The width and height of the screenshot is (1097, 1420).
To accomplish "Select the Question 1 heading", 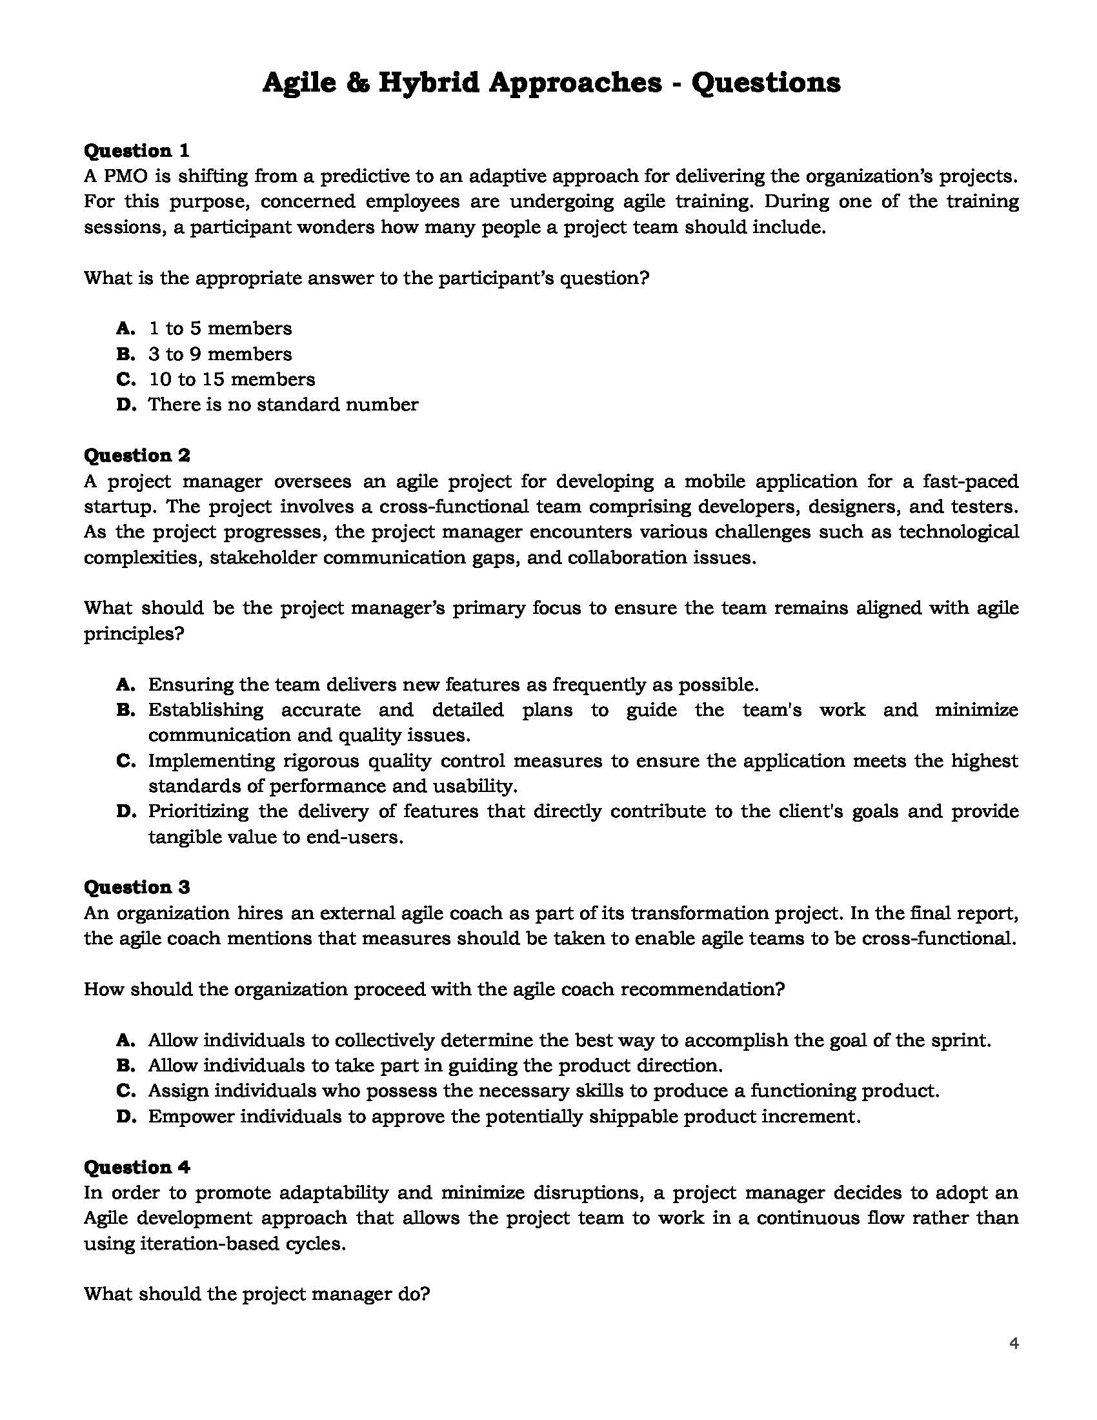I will tap(136, 151).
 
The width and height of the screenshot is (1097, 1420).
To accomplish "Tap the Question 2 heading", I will tap(136, 455).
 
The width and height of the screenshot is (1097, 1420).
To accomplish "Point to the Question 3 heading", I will tap(136, 887).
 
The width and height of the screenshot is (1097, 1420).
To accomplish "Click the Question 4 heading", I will tap(136, 1167).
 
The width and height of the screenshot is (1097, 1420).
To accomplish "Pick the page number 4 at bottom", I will tap(1014, 1343).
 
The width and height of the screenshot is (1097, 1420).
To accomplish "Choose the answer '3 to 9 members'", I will tap(219, 354).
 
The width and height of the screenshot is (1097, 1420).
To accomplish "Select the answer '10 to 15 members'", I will tap(232, 379).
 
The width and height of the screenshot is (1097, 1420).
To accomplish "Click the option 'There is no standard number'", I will tap(283, 405).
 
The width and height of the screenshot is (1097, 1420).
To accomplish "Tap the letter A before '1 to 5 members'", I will tap(125, 329).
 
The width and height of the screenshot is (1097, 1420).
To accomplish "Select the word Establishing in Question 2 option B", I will tap(205, 710).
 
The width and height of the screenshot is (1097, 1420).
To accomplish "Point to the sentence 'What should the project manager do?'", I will tap(257, 1294).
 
